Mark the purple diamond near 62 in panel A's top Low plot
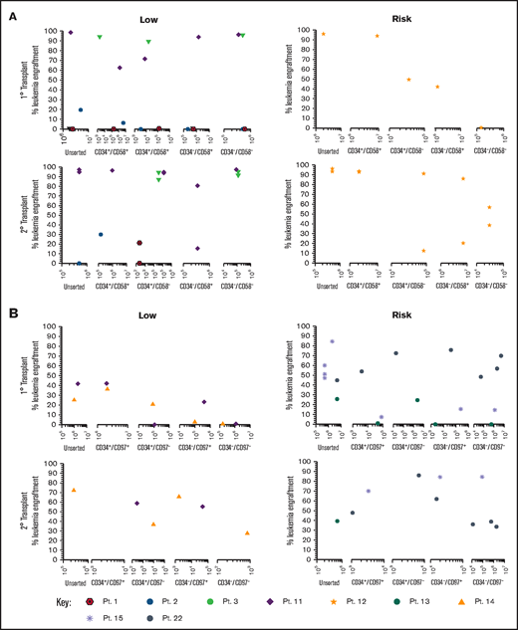coord(120,68)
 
